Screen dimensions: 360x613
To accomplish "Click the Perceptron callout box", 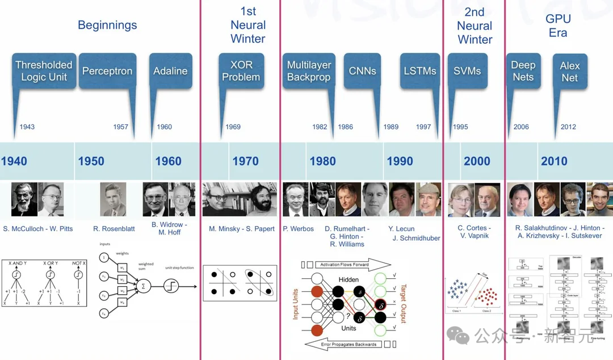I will tap(107, 71).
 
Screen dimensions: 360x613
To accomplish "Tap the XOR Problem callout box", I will tap(241, 71).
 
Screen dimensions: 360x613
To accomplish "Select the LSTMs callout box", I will tap(420, 71).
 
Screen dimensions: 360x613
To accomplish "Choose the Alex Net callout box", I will tap(569, 72).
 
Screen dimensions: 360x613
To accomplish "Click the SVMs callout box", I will tap(467, 71).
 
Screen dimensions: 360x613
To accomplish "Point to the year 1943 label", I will tap(27, 127).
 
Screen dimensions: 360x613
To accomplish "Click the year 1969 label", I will tap(233, 127).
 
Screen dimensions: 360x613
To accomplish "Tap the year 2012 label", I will tap(568, 127).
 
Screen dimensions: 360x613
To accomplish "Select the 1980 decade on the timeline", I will tap(322, 161).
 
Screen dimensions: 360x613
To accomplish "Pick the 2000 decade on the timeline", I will tap(477, 161).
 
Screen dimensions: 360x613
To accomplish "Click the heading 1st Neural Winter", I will tap(248, 25).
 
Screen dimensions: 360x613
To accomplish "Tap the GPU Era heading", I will tap(558, 26).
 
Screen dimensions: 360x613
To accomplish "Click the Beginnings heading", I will tap(107, 25).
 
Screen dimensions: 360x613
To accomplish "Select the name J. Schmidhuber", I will tap(416, 238).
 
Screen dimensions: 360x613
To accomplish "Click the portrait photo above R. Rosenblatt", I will tap(113, 199).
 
